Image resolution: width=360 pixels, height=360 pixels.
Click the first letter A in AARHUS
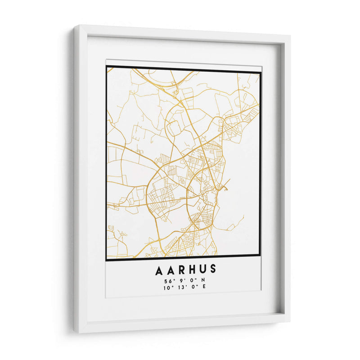click(x=159, y=270)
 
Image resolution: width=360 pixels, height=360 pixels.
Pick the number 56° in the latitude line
click(x=169, y=282)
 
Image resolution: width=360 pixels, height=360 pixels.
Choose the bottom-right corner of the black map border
click(x=260, y=256)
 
